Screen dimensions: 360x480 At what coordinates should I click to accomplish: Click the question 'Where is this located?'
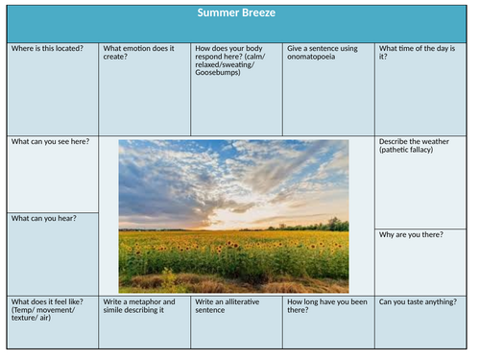(x=47, y=48)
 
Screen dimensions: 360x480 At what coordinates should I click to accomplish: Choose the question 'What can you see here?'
(x=50, y=142)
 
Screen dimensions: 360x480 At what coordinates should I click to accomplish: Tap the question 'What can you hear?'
(x=44, y=218)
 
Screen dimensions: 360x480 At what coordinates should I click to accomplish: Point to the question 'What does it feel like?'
(x=46, y=301)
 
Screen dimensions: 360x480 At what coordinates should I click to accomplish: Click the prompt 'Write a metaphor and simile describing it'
(x=141, y=305)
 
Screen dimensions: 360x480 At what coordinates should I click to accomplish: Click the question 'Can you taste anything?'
(x=418, y=301)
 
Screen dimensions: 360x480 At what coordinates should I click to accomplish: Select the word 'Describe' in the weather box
(x=396, y=142)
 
